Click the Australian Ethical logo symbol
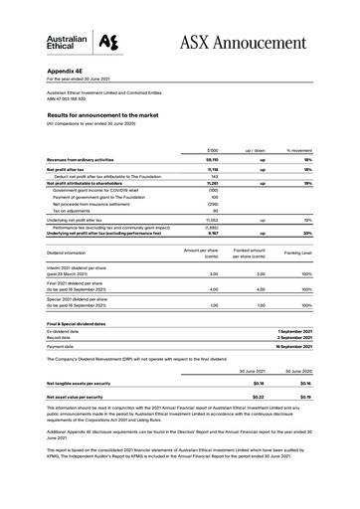(x=116, y=41)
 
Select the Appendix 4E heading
(x=68, y=73)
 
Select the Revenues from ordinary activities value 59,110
(x=211, y=158)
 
